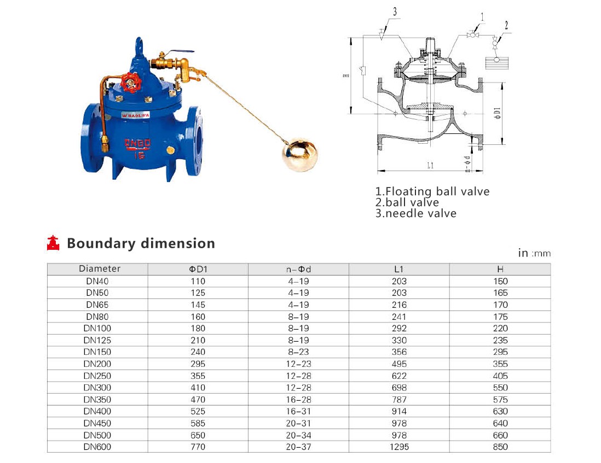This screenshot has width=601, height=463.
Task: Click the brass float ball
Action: tap(299, 155)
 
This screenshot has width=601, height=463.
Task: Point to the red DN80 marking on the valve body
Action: tap(137, 143)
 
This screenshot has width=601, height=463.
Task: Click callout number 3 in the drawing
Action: tap(395, 12)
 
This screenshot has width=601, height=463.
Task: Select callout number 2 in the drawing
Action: tap(506, 25)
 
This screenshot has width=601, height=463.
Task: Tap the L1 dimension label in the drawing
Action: tap(430, 165)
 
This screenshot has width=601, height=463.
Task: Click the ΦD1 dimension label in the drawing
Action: tap(498, 113)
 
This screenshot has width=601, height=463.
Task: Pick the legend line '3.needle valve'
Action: tap(416, 213)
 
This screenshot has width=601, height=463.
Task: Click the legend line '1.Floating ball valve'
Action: tap(432, 191)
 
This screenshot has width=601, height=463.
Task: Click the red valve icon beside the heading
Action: tap(53, 243)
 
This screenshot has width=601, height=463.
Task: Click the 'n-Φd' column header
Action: tap(298, 269)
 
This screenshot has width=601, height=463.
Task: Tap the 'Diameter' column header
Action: tap(99, 268)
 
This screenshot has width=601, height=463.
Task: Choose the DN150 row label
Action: tap(97, 352)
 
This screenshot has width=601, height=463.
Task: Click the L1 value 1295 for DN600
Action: tap(399, 447)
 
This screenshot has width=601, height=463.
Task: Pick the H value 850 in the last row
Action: tap(500, 447)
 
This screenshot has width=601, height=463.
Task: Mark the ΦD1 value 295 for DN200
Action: tap(198, 364)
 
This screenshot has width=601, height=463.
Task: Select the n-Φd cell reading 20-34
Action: tap(298, 436)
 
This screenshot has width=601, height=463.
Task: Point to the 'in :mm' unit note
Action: tap(534, 253)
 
